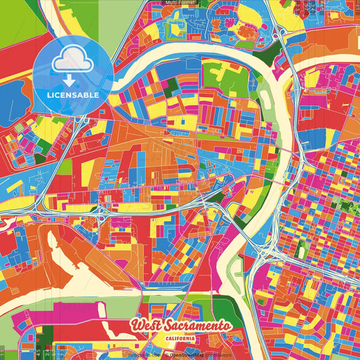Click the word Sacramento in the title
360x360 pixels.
(199, 325)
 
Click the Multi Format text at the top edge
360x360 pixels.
(180, 3)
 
